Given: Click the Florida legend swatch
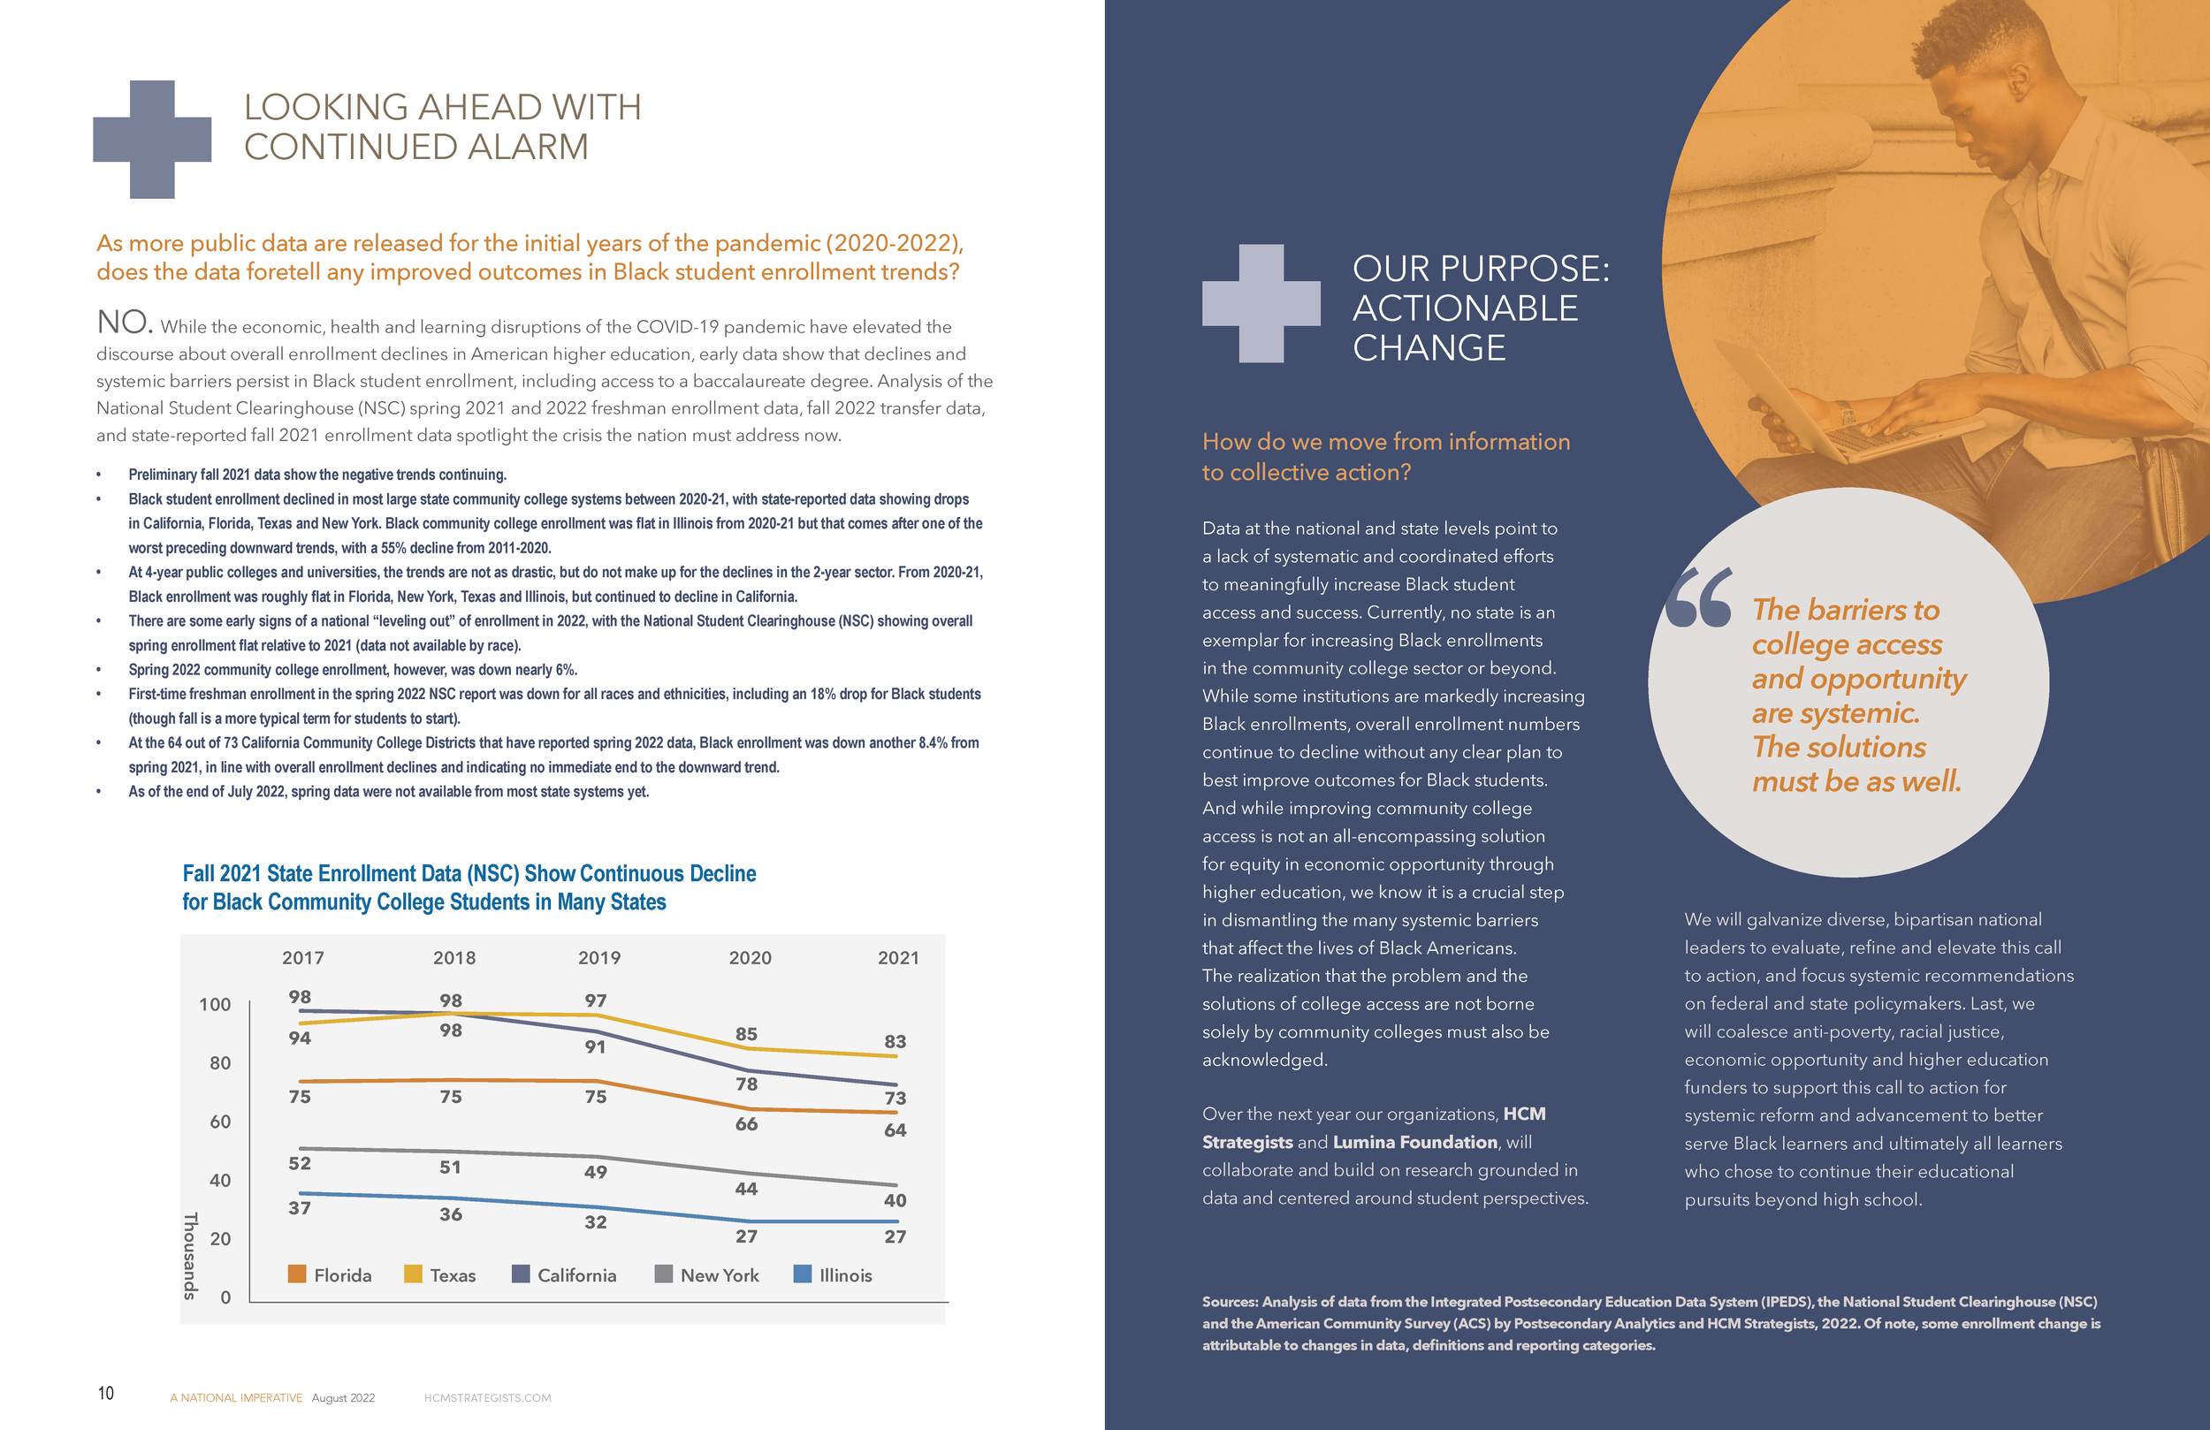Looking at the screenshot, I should [x=297, y=1274].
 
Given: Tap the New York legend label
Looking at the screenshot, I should [x=720, y=1275].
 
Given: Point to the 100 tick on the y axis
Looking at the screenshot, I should [x=215, y=1004].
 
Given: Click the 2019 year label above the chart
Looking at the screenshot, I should [x=599, y=957].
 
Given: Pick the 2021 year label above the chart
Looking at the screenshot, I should [x=898, y=957].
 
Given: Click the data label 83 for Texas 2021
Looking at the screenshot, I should [x=895, y=1041].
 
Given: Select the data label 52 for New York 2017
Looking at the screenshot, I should [x=299, y=1162].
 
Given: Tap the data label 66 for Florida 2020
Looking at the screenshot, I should [x=747, y=1123].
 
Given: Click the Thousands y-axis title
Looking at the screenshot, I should [x=190, y=1255].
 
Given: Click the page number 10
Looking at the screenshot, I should [x=106, y=1393].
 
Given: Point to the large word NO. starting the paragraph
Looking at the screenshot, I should [x=125, y=323].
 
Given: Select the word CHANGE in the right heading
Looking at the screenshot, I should [x=1429, y=348].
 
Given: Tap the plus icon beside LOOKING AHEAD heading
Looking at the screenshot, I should [x=152, y=140].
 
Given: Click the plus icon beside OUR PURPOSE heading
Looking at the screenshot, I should [x=1261, y=303].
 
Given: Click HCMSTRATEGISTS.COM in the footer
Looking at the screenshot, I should [x=487, y=1397].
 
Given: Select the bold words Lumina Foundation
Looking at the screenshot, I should [x=1415, y=1142].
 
